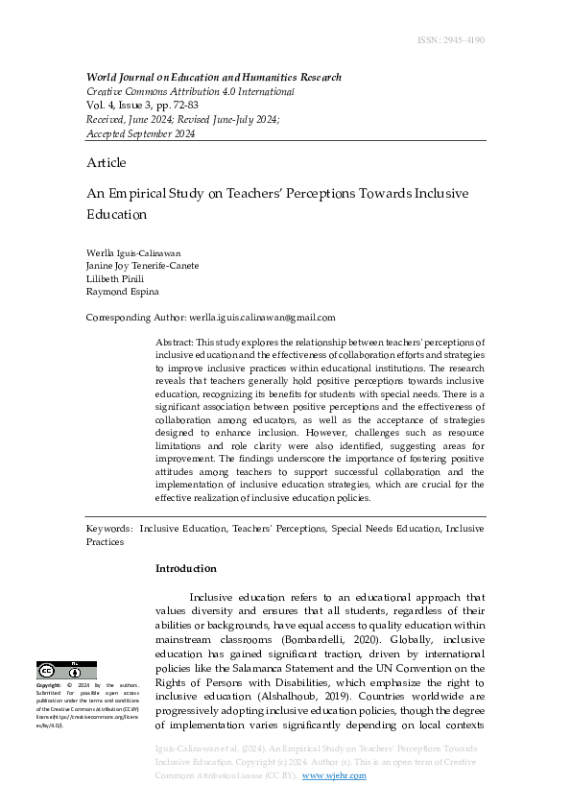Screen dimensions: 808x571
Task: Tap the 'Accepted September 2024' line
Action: tap(141, 134)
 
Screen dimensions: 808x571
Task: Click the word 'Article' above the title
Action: tap(106, 163)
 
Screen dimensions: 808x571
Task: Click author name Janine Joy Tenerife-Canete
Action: tap(143, 266)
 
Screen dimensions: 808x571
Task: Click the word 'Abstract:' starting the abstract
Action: tap(174, 343)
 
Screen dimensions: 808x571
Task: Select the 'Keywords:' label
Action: tap(109, 529)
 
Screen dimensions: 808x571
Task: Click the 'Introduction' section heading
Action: tap(186, 568)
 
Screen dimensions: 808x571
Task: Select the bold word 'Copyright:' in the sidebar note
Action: tap(49, 686)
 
